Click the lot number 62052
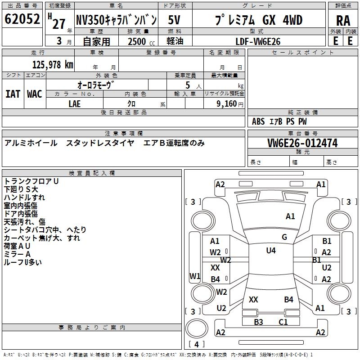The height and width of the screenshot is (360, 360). pyautogui.click(x=22, y=20)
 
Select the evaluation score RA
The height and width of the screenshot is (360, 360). pyautogui.click(x=343, y=21)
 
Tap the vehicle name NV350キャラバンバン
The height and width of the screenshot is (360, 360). pyautogui.click(x=116, y=20)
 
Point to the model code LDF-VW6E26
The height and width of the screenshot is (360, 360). pyautogui.click(x=258, y=41)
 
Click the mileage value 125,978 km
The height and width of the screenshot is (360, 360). pyautogui.click(x=53, y=65)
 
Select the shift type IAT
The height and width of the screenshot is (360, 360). pyautogui.click(x=13, y=94)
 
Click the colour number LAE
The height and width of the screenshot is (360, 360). pyautogui.click(x=75, y=103)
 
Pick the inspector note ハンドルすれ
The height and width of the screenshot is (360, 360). pyautogui.click(x=24, y=198)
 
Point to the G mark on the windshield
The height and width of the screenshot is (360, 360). pyautogui.click(x=284, y=237)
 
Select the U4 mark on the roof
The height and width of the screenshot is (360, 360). pyautogui.click(x=271, y=251)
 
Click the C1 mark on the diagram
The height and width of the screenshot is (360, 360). pyautogui.click(x=283, y=322)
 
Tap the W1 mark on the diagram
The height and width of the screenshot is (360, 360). pyautogui.click(x=195, y=276)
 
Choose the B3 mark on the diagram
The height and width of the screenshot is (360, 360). pyautogui.click(x=258, y=322)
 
